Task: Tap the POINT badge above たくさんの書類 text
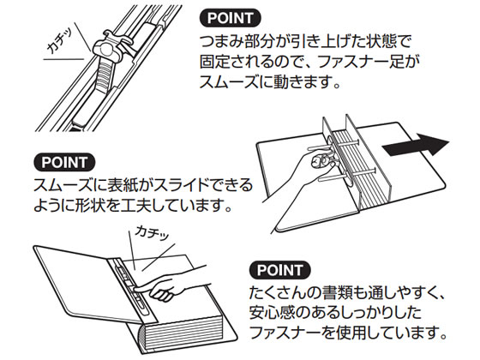tap(282, 267)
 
